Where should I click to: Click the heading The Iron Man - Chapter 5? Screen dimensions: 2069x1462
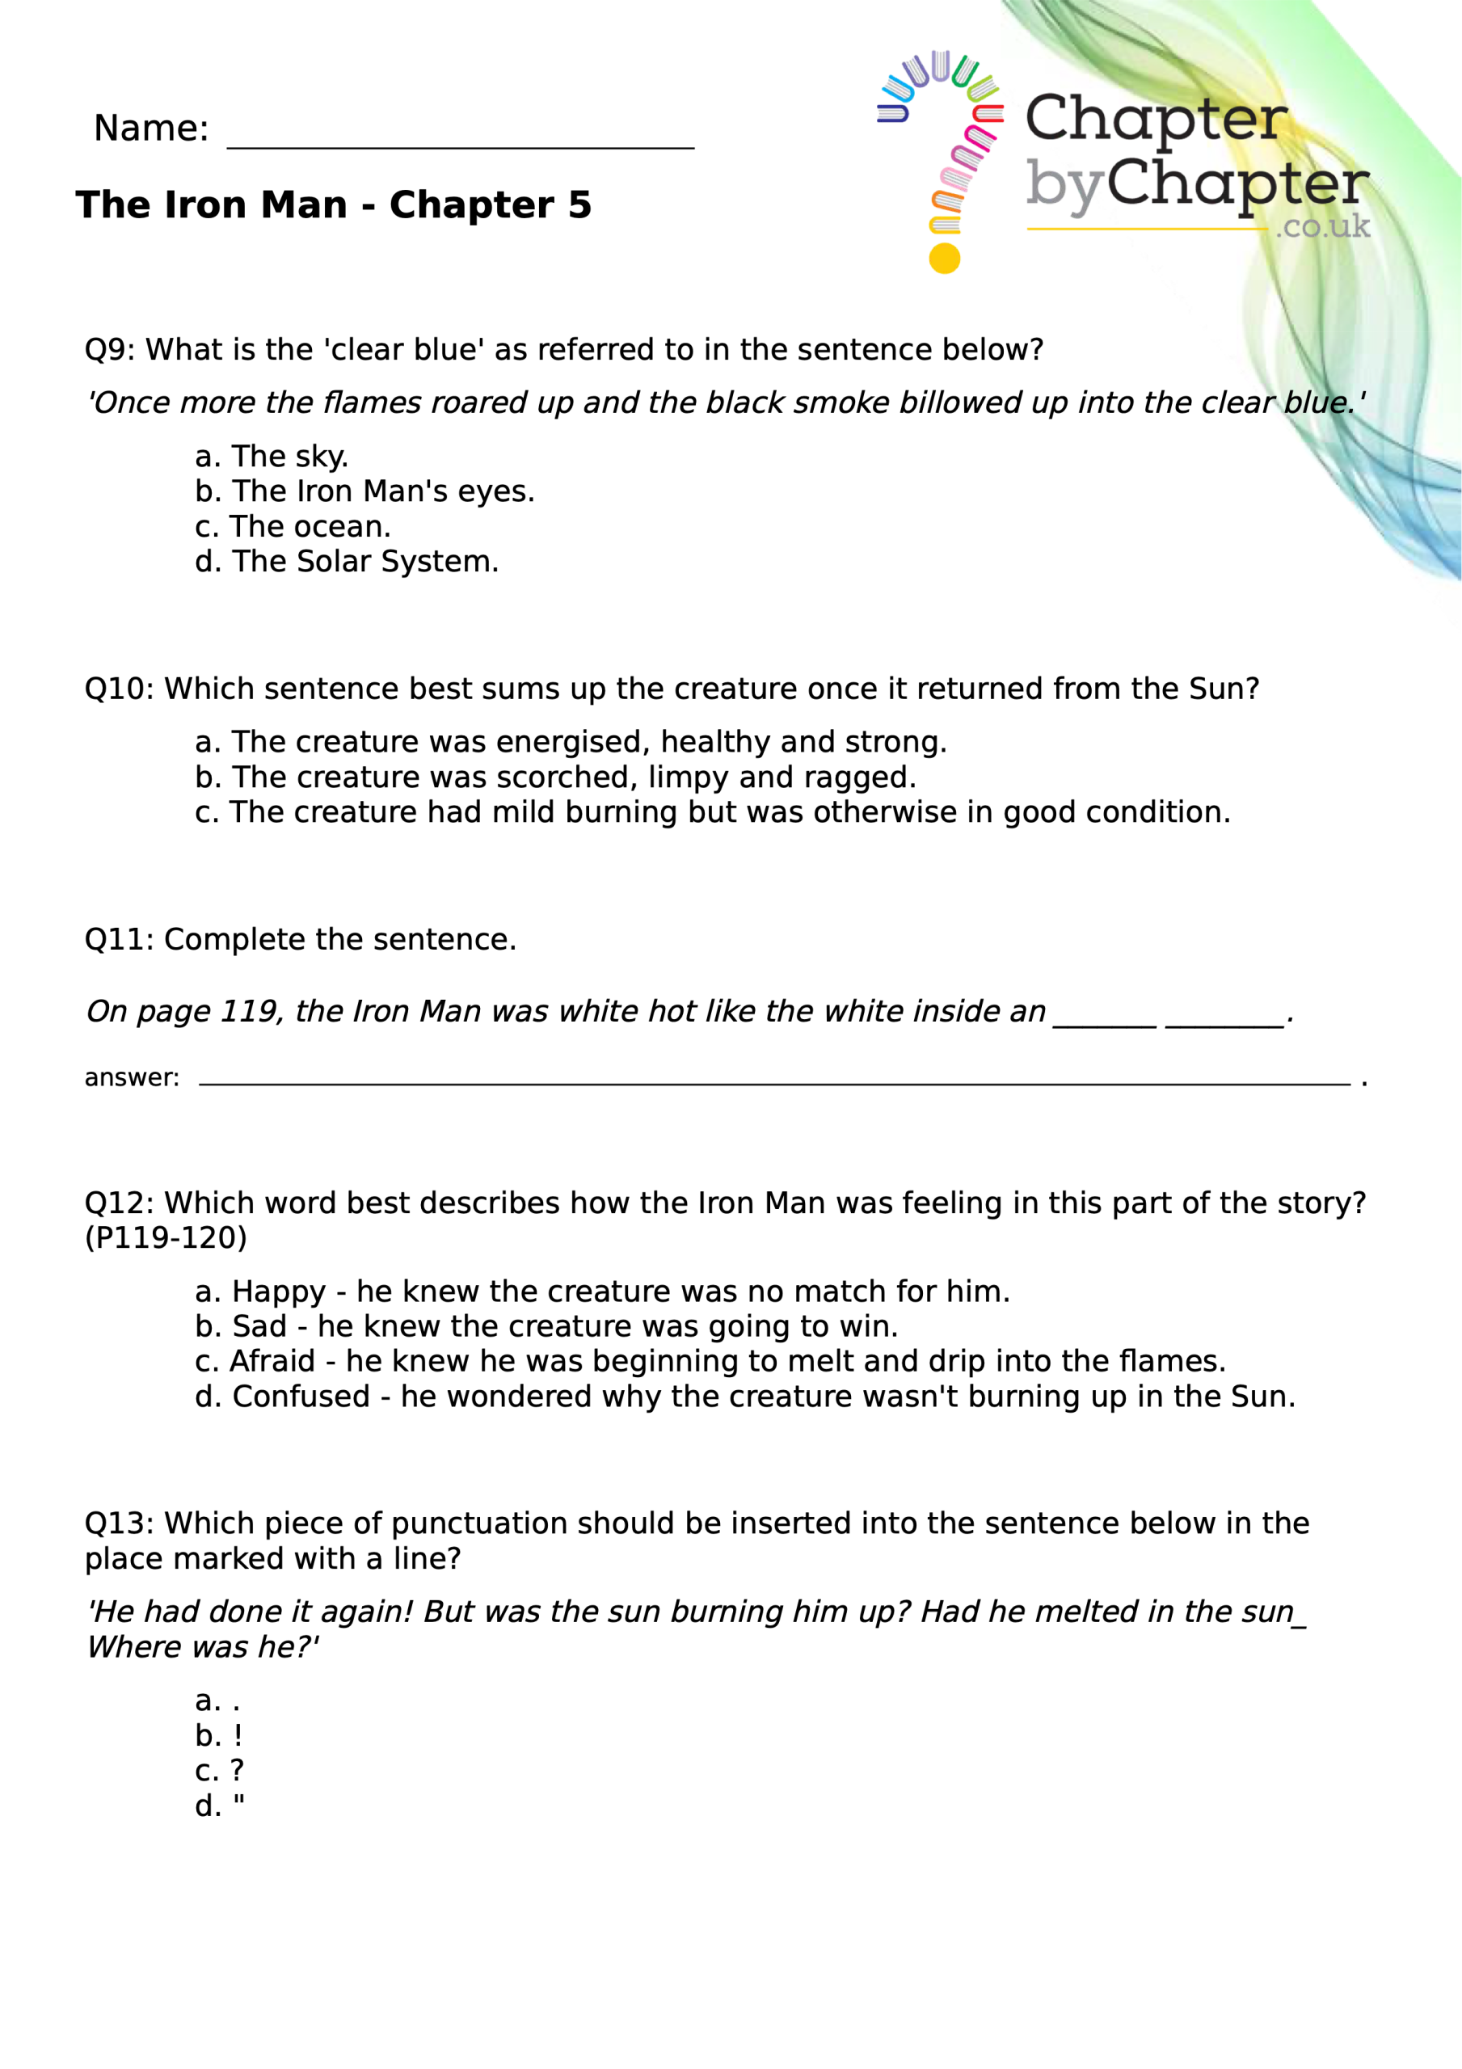click(x=334, y=205)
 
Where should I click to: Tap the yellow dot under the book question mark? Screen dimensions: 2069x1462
click(x=944, y=259)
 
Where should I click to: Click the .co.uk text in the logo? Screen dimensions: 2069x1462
click(x=1322, y=226)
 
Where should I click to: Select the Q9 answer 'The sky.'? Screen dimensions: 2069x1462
click(x=272, y=457)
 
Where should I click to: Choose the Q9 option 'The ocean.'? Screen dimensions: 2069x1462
click(x=293, y=527)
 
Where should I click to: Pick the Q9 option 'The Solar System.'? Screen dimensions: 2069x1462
click(x=347, y=563)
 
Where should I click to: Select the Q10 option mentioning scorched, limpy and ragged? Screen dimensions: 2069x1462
click(x=555, y=777)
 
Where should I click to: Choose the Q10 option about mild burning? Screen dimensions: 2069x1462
click(x=712, y=813)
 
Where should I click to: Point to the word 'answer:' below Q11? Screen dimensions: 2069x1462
click(x=132, y=1079)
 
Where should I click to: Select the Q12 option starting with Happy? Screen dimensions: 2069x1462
click(x=602, y=1292)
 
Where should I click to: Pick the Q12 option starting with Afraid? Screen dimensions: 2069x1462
click(x=710, y=1362)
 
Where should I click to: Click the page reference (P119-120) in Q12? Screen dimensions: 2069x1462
click(x=166, y=1238)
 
